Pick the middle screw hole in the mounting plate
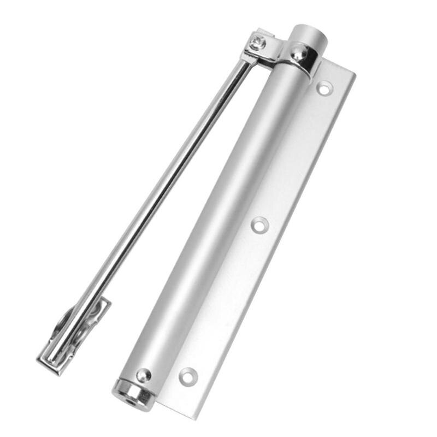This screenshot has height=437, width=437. (x=259, y=224)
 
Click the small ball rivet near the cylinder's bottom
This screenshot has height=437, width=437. (x=143, y=375)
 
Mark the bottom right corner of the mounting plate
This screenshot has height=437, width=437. (x=188, y=418)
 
